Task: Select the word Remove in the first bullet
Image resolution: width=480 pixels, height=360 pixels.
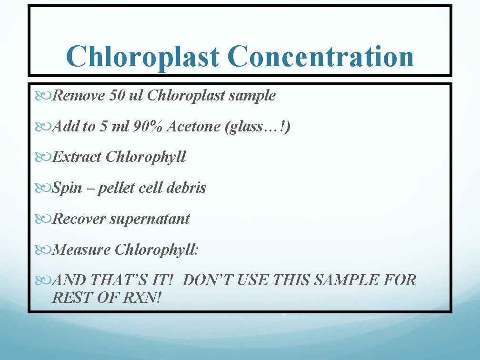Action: point(79,96)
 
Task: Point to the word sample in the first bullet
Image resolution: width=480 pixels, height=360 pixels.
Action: point(252,96)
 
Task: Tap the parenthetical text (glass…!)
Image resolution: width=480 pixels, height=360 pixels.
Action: point(258,126)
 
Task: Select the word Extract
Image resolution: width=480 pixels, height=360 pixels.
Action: point(77,157)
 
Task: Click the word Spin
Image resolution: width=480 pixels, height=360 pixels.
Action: point(66,188)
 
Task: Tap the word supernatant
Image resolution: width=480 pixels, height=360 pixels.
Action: point(150,219)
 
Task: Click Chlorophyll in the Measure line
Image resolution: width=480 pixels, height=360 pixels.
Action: point(156,250)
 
